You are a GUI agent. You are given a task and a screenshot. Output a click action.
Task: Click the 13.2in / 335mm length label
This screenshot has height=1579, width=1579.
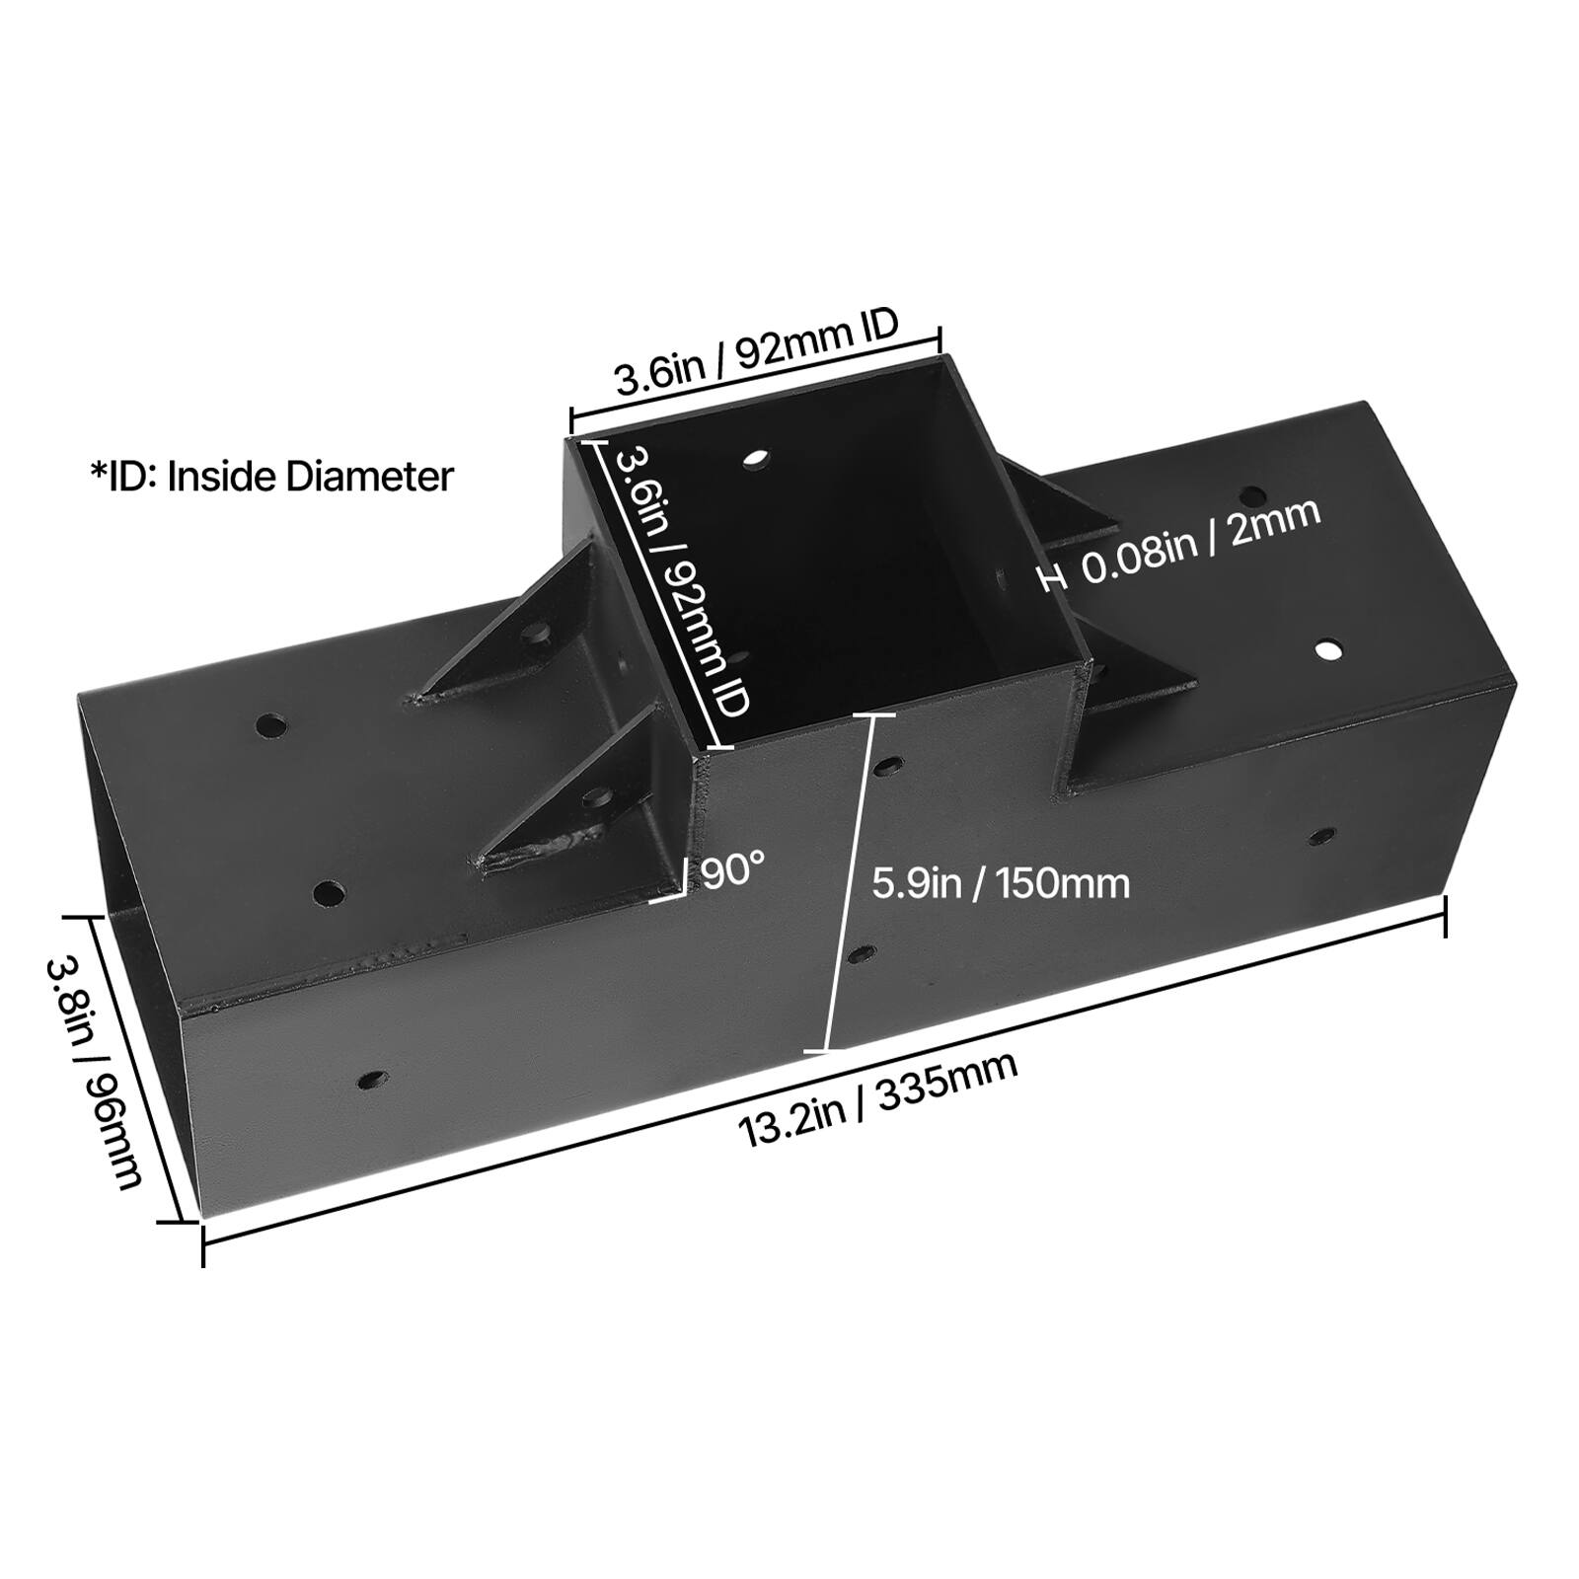click(878, 1099)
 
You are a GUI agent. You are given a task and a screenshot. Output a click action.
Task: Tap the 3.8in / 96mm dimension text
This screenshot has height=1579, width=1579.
click(95, 1072)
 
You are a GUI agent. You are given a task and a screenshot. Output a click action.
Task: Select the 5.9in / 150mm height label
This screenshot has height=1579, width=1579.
click(1001, 882)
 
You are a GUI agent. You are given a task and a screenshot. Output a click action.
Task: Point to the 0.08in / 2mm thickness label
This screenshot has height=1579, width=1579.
click(1201, 542)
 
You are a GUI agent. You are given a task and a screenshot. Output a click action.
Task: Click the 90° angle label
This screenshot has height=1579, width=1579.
click(732, 870)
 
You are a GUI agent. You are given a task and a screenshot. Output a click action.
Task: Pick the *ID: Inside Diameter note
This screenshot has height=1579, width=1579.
click(271, 477)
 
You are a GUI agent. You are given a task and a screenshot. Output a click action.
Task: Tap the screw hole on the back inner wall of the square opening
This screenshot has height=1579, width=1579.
click(756, 459)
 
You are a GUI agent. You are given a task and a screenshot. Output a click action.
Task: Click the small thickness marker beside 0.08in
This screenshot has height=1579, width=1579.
click(1054, 577)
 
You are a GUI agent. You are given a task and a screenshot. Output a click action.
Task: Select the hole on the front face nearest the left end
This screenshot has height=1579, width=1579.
click(372, 1080)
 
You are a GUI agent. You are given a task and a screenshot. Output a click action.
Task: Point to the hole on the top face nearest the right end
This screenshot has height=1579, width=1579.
click(1329, 649)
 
